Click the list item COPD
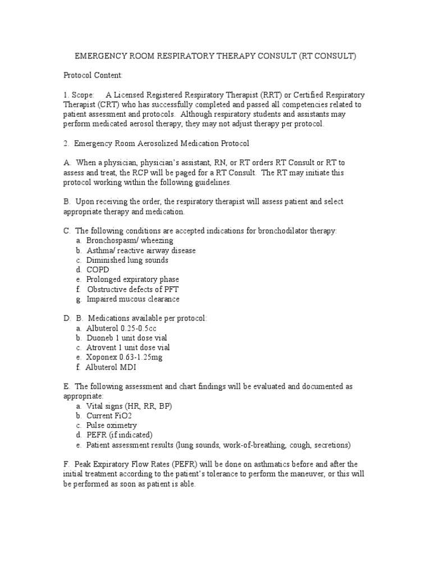click(98, 270)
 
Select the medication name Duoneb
click(100, 337)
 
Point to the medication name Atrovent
click(101, 348)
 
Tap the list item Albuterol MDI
click(111, 367)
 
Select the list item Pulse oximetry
click(111, 425)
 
